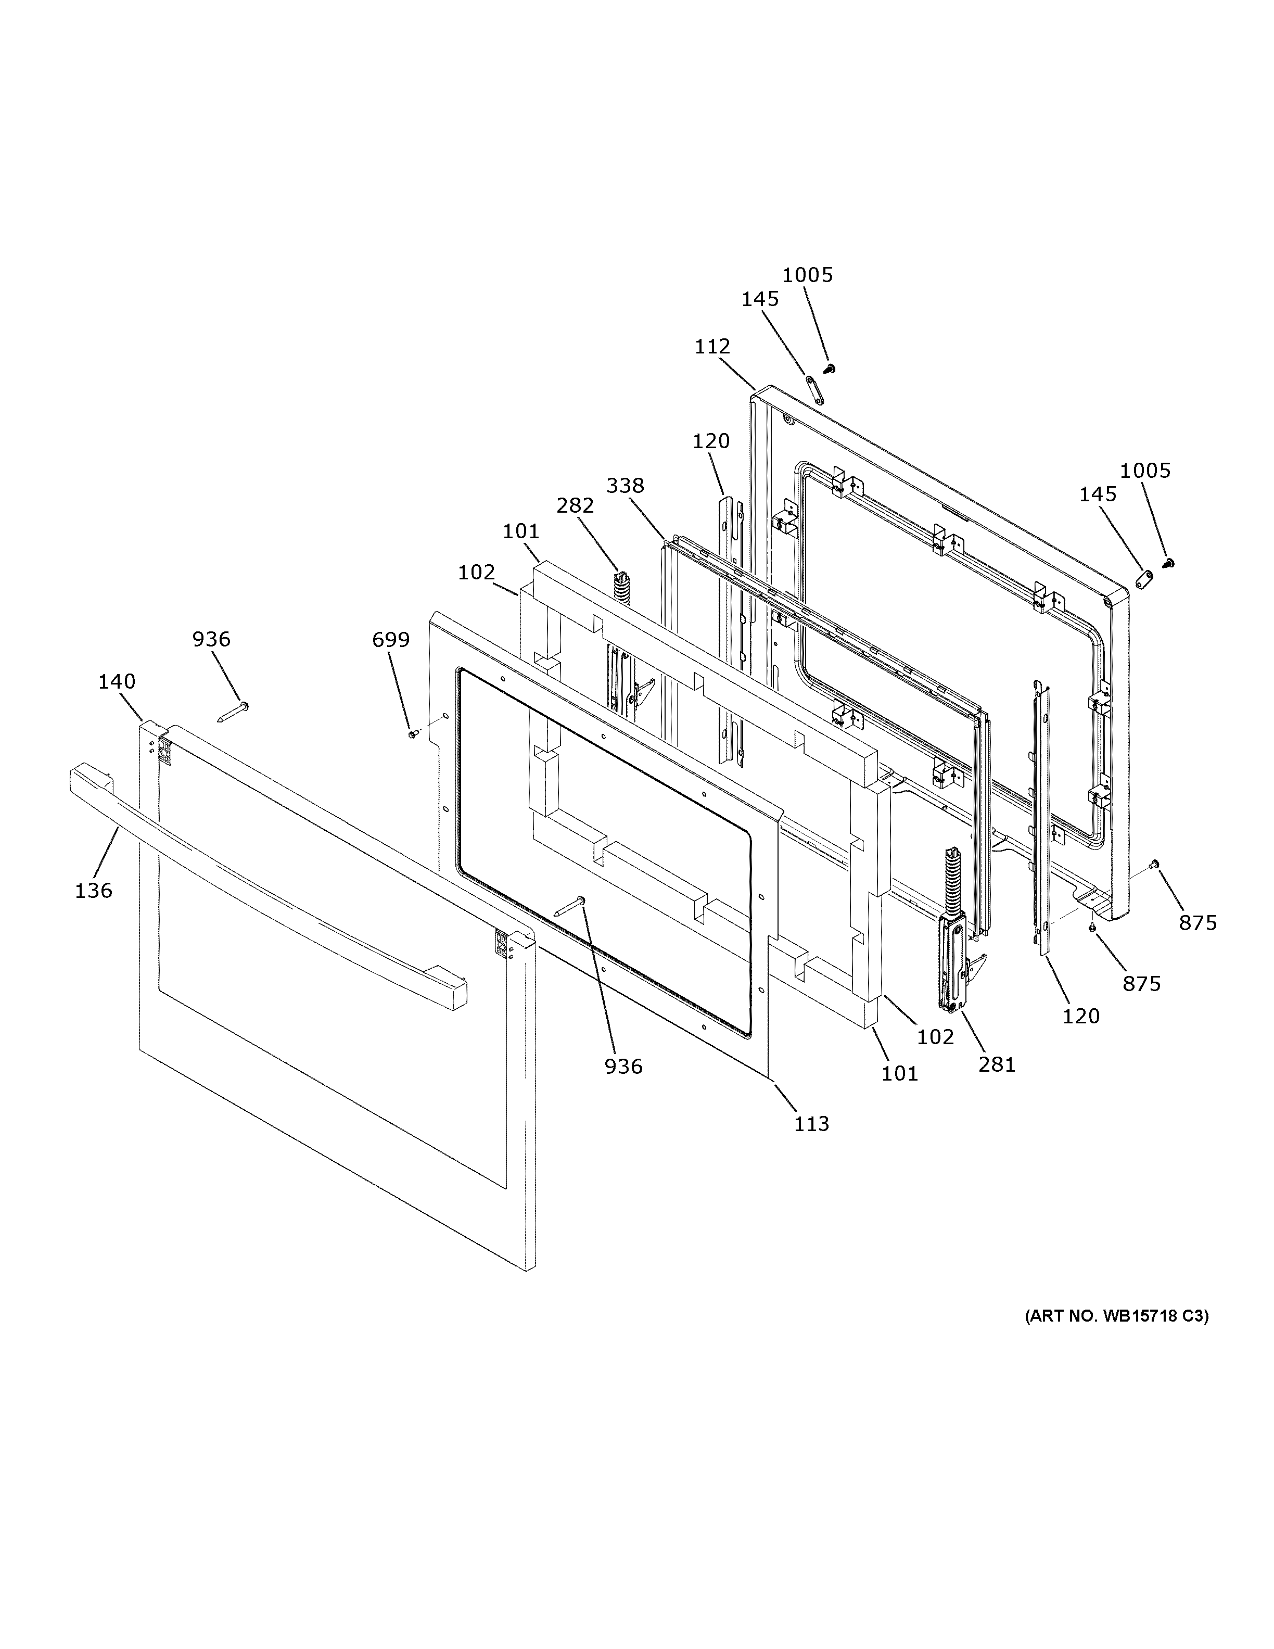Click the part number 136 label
(x=94, y=891)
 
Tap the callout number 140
(x=117, y=682)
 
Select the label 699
(x=391, y=640)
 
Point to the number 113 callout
(x=811, y=1145)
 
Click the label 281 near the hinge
(x=997, y=1064)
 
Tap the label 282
(x=575, y=506)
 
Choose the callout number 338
(x=625, y=486)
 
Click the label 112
(x=712, y=347)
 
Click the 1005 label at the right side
(x=1145, y=471)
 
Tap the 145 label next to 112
(x=760, y=299)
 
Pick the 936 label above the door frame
(x=211, y=640)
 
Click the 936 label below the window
(x=623, y=1066)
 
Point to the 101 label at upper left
(x=521, y=531)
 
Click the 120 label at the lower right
(x=1081, y=1016)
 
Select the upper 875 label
(x=1199, y=923)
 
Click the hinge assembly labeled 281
(x=953, y=944)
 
